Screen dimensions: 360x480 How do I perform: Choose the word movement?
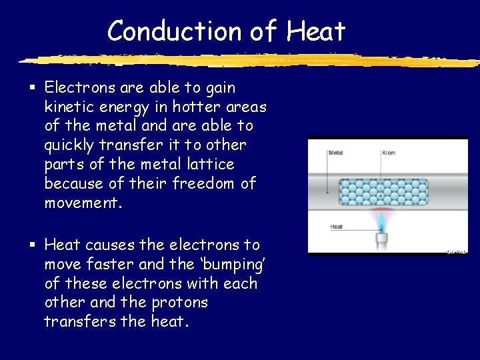point(83,203)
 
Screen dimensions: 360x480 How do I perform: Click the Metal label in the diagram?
point(336,153)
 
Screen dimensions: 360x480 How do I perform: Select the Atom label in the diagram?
point(388,153)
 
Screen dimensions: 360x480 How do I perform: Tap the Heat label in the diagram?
point(336,227)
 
